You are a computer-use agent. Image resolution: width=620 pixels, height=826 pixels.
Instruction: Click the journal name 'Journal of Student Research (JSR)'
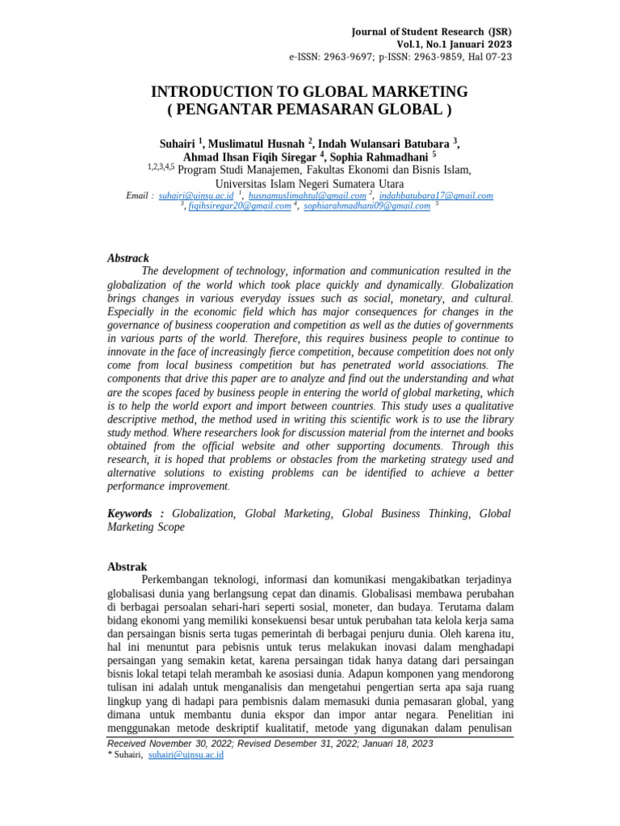click(x=431, y=31)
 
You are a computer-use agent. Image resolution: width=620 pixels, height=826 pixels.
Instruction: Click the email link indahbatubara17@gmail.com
click(x=436, y=195)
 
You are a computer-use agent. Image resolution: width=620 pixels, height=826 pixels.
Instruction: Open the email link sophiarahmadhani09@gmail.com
click(x=367, y=206)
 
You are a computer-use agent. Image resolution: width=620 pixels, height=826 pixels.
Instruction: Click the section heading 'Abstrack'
click(x=128, y=258)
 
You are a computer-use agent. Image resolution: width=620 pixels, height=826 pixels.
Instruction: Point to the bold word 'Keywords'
click(x=130, y=513)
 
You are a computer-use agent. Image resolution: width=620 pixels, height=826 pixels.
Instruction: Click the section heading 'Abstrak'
click(x=128, y=567)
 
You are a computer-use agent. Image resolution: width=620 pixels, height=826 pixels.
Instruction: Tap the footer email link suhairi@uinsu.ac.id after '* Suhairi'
click(x=186, y=755)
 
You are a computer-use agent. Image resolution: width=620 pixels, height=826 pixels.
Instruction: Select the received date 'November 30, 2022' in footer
click(x=179, y=744)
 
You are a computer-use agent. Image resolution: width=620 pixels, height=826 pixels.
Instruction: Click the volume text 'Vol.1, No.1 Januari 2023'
click(x=454, y=44)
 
